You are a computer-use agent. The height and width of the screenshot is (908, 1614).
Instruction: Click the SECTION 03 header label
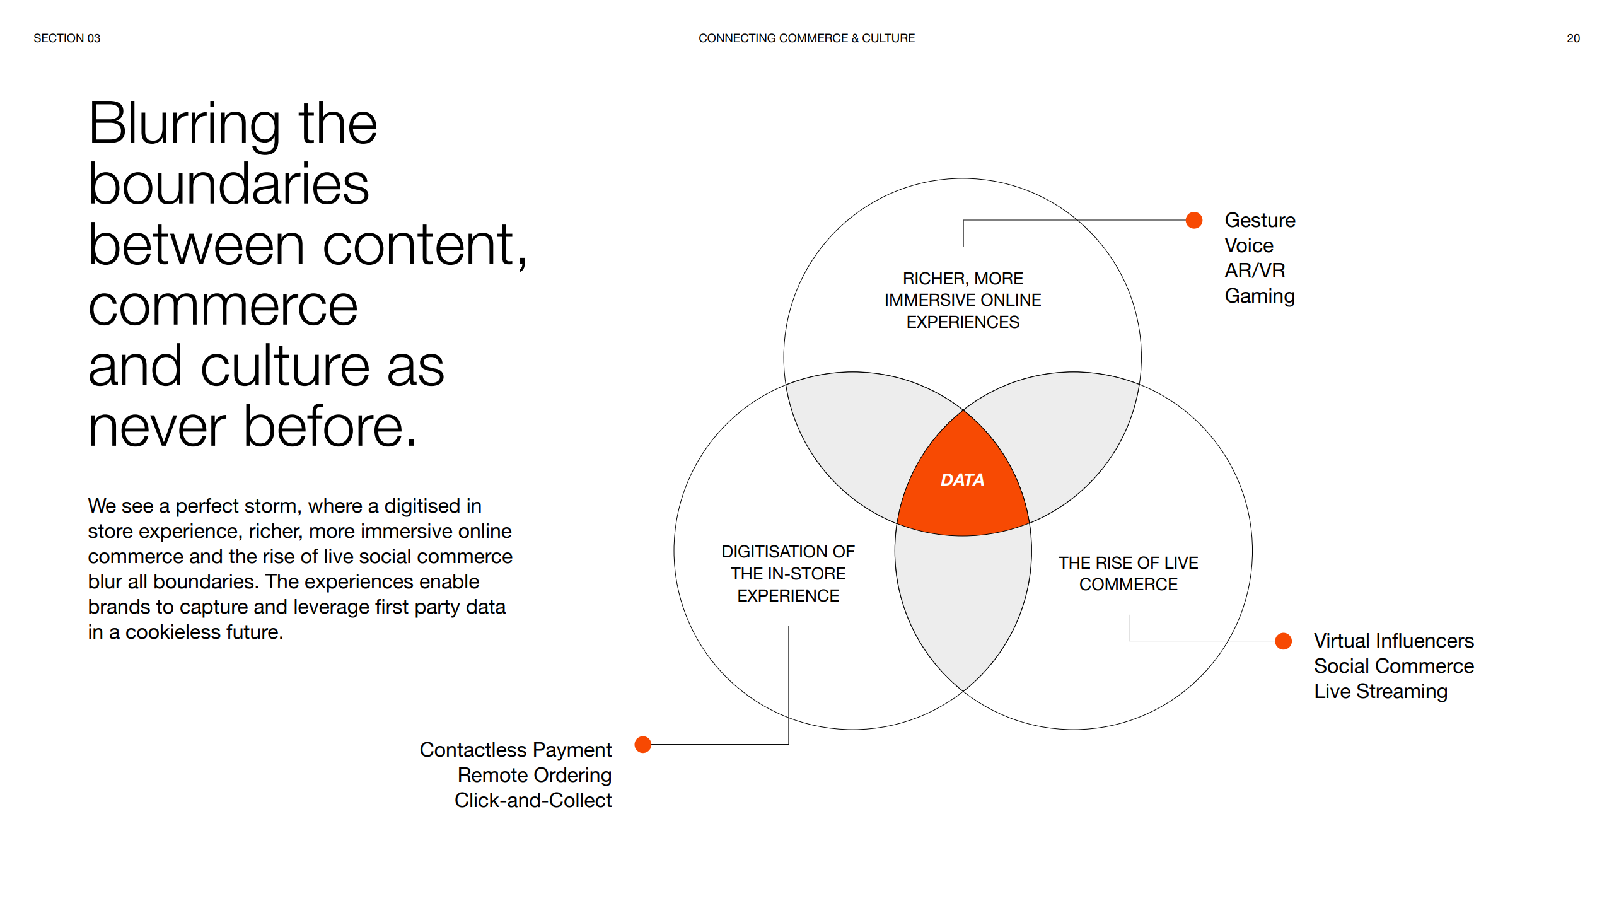67,38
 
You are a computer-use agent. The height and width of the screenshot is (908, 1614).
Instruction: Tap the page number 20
1573,38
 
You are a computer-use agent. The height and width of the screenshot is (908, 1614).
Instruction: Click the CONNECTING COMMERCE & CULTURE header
806,38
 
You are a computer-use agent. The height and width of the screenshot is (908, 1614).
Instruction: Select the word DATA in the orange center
962,480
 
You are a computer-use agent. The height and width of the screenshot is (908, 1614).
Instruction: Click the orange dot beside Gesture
1194,220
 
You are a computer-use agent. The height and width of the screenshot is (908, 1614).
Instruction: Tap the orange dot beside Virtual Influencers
1283,641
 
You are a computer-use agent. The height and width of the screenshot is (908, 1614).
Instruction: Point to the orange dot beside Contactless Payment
643,745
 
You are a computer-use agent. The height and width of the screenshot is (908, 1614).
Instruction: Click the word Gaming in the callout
1260,296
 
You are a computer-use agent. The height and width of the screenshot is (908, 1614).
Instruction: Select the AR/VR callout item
1255,271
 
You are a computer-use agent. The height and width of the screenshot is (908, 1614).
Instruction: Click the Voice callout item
1249,245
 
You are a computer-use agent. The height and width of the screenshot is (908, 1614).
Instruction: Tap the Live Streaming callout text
1381,692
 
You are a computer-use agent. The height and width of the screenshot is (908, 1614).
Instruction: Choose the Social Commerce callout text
1394,666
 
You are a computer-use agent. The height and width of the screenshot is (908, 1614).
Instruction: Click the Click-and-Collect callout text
533,800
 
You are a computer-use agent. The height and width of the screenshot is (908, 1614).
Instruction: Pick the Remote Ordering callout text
535,775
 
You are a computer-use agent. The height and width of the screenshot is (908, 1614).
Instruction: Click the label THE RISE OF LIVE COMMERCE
1129,574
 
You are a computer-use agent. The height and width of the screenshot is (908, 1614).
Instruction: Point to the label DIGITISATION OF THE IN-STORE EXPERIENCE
788,574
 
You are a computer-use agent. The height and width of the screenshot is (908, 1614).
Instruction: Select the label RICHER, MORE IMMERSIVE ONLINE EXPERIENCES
963,300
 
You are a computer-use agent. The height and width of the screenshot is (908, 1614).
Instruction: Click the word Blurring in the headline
184,125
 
